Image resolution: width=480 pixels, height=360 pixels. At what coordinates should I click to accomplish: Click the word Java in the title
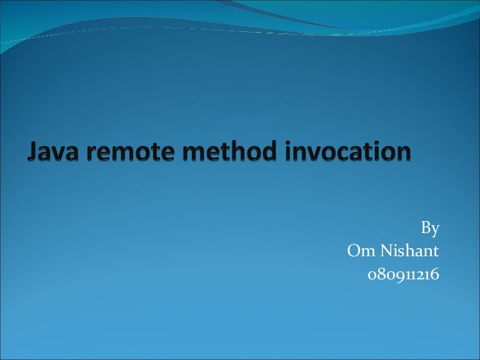tap(52, 152)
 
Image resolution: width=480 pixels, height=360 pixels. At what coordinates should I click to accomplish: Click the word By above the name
tap(431, 229)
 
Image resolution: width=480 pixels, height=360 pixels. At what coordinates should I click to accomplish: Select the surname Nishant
tap(410, 252)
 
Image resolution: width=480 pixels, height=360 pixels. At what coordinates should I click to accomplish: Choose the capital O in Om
tap(354, 252)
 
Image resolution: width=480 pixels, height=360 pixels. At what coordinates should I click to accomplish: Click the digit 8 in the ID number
tap(381, 274)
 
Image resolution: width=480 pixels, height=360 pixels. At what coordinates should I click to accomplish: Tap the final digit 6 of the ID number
tap(436, 274)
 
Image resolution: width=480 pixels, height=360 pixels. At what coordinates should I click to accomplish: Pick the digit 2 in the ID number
tap(421, 274)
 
